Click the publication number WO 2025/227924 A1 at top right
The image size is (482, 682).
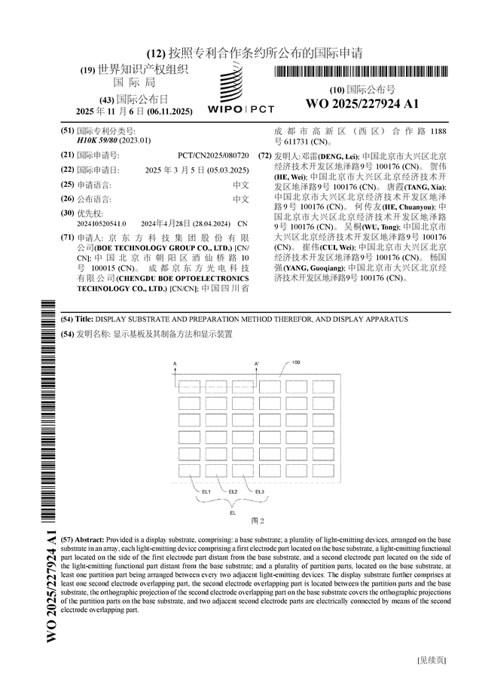pos(362,103)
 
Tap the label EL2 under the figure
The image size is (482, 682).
pos(233,491)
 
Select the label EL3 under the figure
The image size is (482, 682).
pos(260,491)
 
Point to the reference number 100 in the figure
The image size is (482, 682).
pos(296,362)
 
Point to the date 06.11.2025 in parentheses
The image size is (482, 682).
pos(170,112)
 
